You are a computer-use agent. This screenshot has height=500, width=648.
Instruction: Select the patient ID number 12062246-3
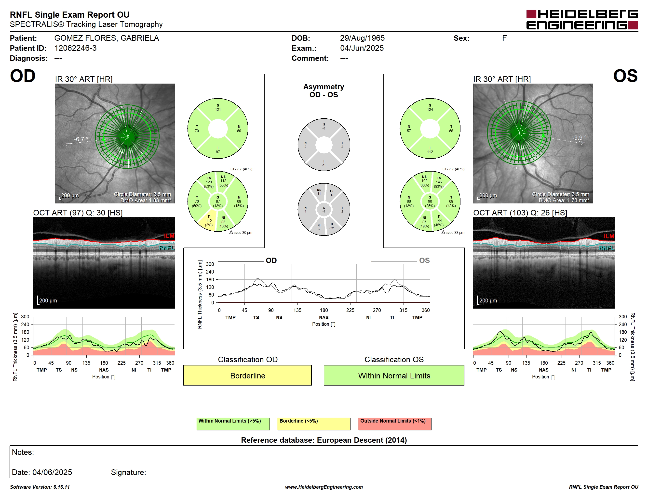tap(75, 48)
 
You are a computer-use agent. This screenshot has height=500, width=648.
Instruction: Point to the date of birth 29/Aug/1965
tap(362, 38)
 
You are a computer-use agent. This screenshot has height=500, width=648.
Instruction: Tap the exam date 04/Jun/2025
tap(362, 48)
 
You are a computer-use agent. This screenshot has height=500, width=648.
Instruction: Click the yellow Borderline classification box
tap(247, 375)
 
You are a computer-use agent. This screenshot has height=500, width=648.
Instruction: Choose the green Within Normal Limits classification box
tap(394, 375)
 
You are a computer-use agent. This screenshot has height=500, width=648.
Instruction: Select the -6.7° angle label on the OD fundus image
tap(81, 139)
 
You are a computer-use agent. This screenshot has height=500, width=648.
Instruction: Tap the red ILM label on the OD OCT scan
tap(169, 236)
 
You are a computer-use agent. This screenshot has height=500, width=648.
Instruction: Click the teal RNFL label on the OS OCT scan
tap(607, 248)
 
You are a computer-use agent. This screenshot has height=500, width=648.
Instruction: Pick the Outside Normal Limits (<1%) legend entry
tap(395, 424)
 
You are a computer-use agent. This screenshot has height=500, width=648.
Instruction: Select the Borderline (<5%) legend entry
tap(314, 424)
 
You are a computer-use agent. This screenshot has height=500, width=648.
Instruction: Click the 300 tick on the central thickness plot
tap(210, 264)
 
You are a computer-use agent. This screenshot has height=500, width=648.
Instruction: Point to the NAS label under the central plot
tap(324, 317)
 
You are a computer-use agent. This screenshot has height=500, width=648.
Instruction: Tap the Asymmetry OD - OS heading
tap(324, 91)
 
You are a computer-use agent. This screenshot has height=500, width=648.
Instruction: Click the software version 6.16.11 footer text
tap(40, 487)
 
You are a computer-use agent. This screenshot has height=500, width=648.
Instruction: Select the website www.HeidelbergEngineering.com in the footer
tap(324, 487)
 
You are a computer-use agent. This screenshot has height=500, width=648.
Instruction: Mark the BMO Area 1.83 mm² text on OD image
tap(146, 200)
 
